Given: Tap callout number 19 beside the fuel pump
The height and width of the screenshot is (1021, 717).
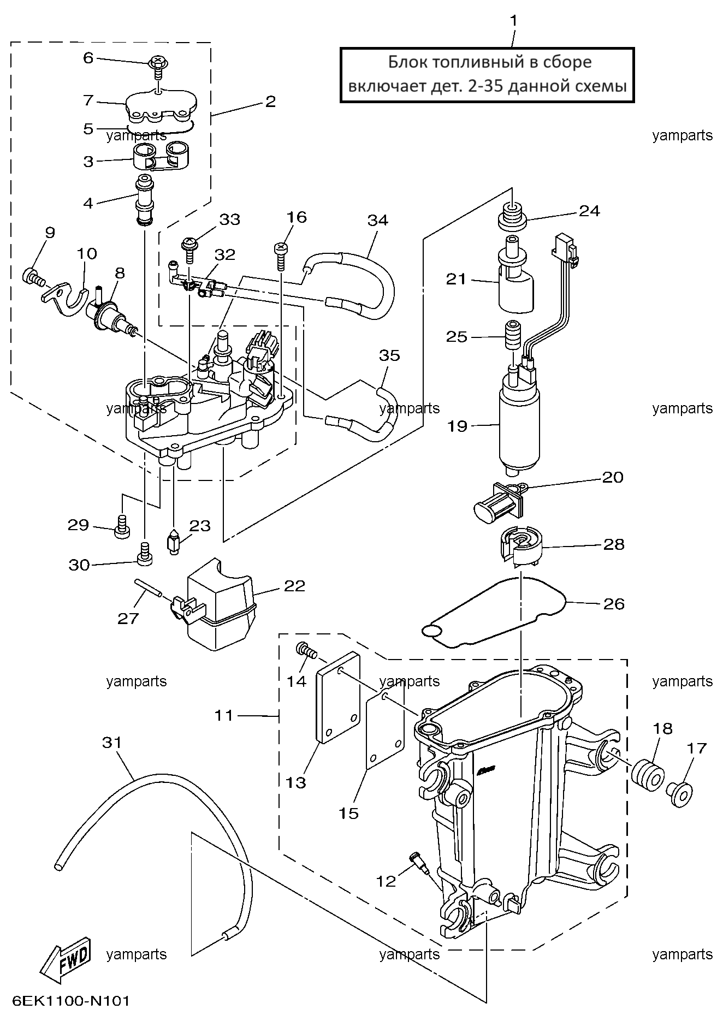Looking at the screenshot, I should [x=458, y=426].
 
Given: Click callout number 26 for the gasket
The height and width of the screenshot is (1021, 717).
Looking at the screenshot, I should [x=613, y=603].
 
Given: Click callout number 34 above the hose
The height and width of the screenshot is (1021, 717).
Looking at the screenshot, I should [x=377, y=220].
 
